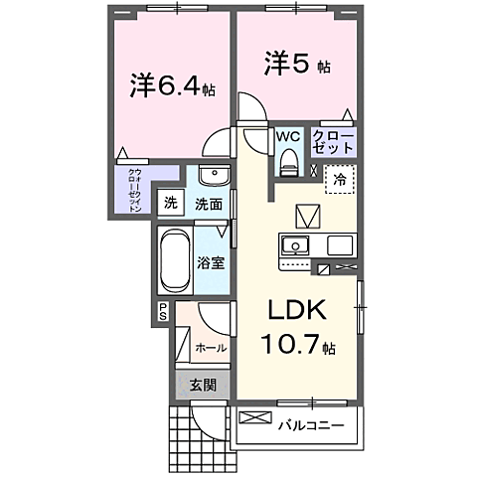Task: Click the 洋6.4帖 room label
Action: coord(172,85)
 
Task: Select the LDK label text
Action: coord(297,310)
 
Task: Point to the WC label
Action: coord(288,136)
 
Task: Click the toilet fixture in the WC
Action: coord(289,162)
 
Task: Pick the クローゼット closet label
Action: coord(334,142)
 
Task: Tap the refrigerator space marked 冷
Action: coord(340,180)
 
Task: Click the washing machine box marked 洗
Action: coord(171,203)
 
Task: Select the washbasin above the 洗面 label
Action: coord(215,175)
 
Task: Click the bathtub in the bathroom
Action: coord(175,260)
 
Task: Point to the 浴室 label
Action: coord(211,263)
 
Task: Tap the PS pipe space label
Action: coord(163,312)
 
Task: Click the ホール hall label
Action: coord(211,348)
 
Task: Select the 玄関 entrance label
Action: coord(203,386)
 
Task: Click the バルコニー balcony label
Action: coord(311,425)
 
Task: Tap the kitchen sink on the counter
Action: coord(295,246)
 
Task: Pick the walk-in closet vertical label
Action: coord(135,191)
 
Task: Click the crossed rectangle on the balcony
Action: coord(255,417)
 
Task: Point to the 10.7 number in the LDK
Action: coord(292,344)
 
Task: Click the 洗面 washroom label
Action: coord(209,204)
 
